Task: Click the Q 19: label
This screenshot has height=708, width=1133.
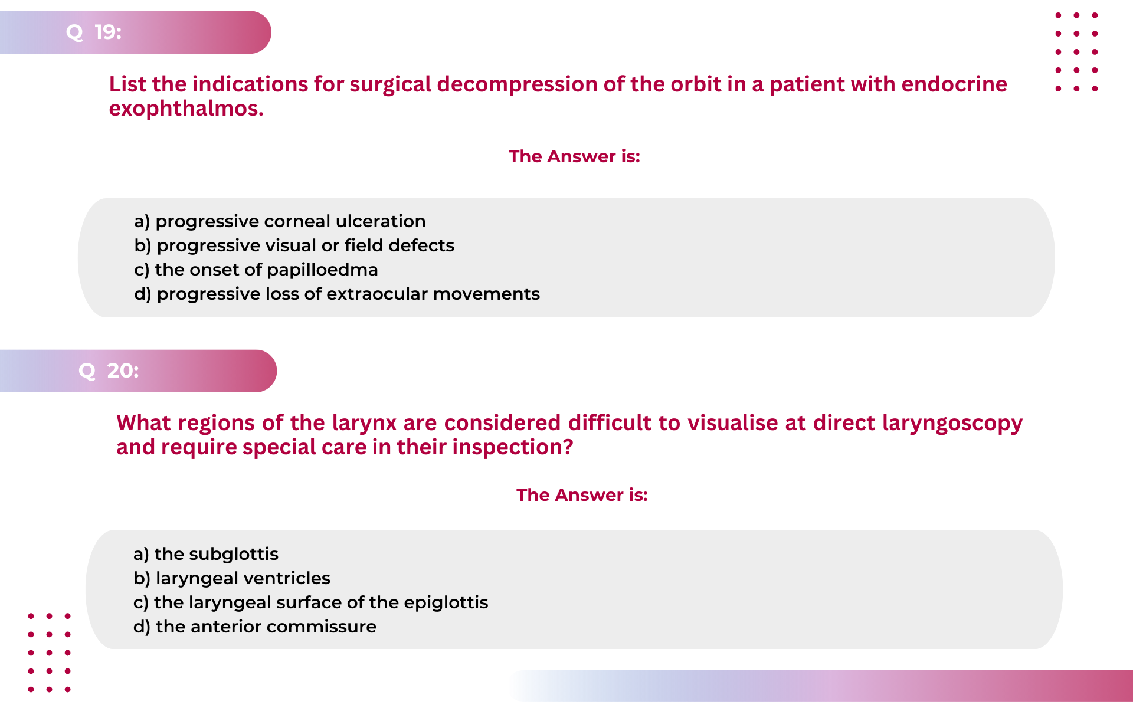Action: click(94, 32)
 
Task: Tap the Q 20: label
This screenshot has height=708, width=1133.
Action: click(109, 371)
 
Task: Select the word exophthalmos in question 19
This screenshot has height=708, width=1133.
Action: click(186, 109)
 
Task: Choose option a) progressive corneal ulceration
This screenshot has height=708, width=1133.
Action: click(280, 221)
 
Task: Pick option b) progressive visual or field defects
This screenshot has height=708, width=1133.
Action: click(294, 245)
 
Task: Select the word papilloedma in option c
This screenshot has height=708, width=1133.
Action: click(322, 270)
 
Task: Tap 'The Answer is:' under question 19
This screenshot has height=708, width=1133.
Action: click(574, 156)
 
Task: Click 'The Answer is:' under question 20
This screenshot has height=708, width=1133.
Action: click(582, 495)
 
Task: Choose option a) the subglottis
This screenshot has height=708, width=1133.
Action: click(206, 554)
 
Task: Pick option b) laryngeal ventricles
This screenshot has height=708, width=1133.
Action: click(232, 578)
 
